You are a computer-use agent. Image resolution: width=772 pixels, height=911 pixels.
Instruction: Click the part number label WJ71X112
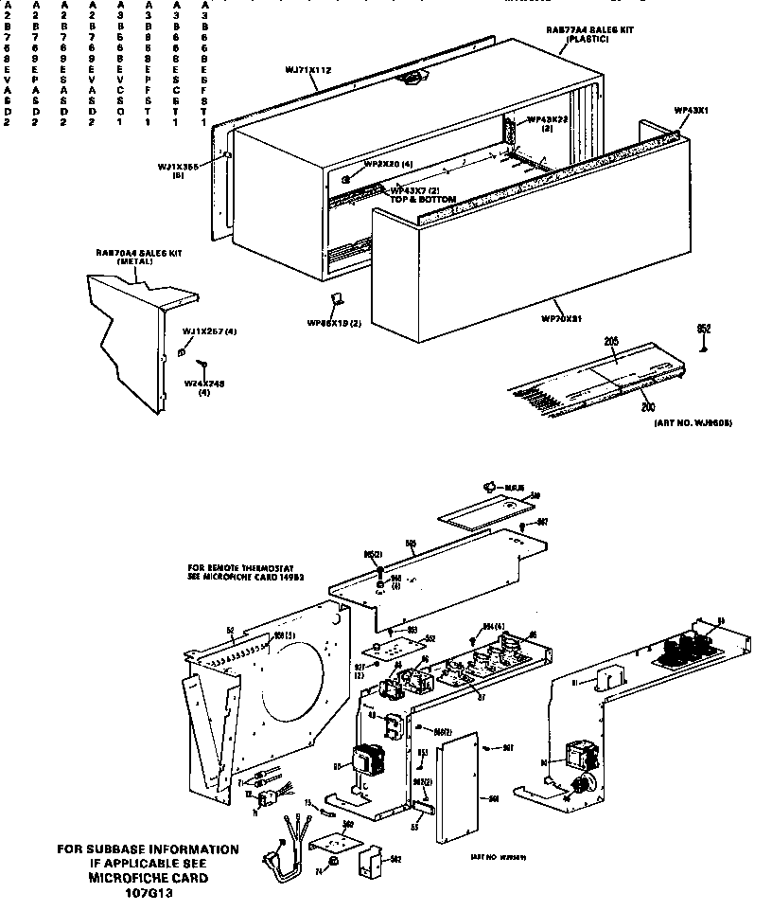click(307, 69)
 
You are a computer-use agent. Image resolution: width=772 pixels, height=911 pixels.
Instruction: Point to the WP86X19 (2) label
click(335, 323)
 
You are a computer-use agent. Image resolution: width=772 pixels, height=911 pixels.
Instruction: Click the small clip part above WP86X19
click(333, 300)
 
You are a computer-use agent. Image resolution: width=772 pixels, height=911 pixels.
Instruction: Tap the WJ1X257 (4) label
click(208, 330)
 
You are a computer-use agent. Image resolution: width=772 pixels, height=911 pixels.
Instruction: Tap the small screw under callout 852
click(703, 348)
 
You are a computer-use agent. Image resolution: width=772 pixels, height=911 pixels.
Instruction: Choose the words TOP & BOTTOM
click(423, 200)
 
